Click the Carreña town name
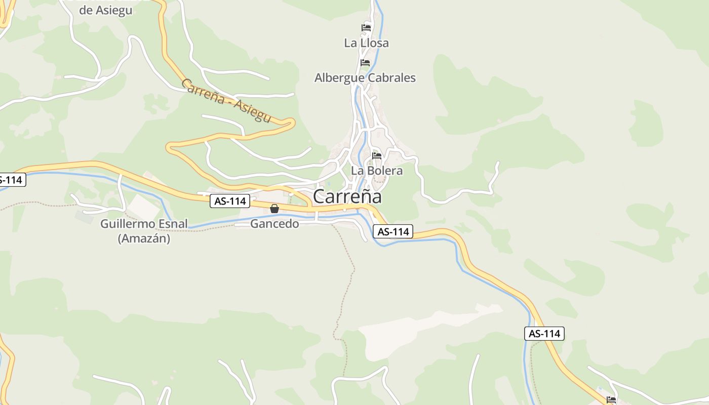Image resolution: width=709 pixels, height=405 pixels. [x=347, y=196]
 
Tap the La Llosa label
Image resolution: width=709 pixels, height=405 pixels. [x=366, y=43]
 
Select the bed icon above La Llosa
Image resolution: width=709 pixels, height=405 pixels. [x=366, y=27]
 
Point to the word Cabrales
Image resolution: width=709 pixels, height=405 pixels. [x=391, y=78]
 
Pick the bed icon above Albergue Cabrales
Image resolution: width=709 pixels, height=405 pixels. [x=365, y=63]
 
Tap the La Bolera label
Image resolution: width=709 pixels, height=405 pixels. [x=377, y=171]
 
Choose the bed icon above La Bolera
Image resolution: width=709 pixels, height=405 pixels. [x=377, y=156]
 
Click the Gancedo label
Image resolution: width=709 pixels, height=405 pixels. [x=274, y=224]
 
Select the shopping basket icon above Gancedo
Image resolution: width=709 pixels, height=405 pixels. [x=274, y=209]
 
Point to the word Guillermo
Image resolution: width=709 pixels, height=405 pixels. [x=129, y=224]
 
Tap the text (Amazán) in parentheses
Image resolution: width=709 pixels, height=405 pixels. [x=144, y=238]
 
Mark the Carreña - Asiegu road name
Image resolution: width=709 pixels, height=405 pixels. [x=226, y=101]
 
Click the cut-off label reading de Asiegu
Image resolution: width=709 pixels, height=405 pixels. [x=106, y=10]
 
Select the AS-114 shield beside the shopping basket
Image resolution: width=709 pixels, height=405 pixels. [x=230, y=201]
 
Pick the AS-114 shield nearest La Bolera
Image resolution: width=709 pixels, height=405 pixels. [x=393, y=232]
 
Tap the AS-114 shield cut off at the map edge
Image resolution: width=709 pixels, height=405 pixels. [x=11, y=180]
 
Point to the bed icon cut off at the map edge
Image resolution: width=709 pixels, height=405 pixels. [x=611, y=400]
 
